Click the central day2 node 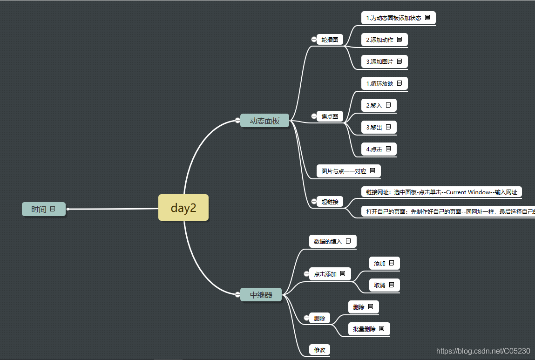tap(183, 208)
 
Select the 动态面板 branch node tap(264, 121)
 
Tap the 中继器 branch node tap(261, 295)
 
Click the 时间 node tap(39, 210)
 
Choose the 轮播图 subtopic tap(330, 40)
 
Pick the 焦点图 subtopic tap(330, 116)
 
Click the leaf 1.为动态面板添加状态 tap(393, 18)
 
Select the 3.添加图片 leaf tap(379, 61)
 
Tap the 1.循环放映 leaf tap(379, 84)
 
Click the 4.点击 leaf tap(374, 149)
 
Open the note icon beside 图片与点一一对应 tap(372, 171)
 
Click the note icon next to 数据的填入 tap(348, 241)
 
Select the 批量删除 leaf tap(364, 329)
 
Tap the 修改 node tap(319, 350)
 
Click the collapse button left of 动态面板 tap(237, 121)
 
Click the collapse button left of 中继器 tap(237, 294)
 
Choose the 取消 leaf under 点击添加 tap(379, 285)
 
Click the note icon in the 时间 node tap(53, 209)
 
